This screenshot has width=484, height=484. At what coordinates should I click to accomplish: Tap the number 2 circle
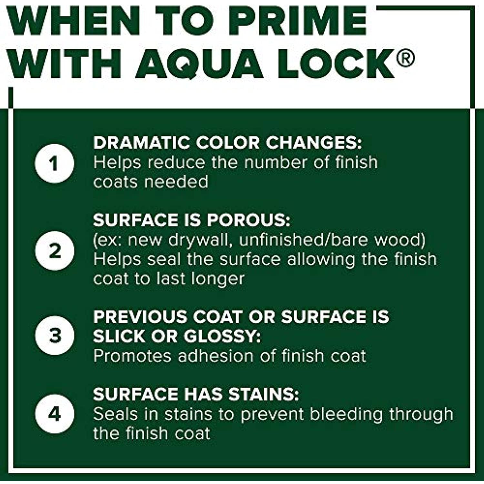[55, 251]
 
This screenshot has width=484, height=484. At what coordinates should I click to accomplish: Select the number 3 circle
[55, 336]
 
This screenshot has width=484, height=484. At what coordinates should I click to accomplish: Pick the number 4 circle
[55, 413]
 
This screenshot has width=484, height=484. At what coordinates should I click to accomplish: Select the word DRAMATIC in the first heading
[142, 143]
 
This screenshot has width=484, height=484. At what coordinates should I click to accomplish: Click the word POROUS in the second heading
[249, 220]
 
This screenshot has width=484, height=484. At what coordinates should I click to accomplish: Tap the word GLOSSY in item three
[222, 336]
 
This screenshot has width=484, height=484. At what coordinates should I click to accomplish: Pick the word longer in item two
[217, 279]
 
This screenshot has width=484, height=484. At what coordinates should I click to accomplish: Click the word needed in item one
[176, 182]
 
